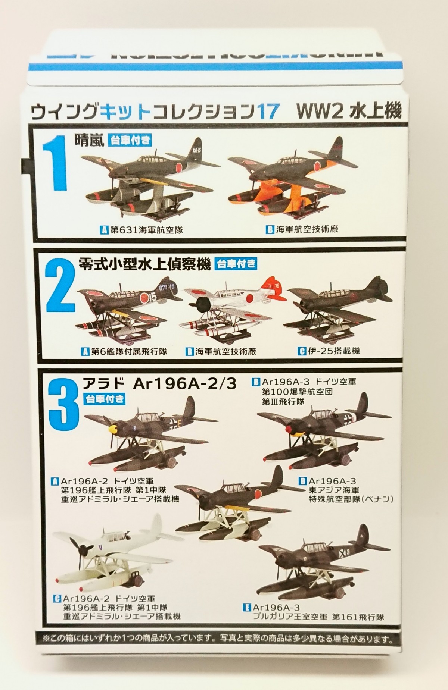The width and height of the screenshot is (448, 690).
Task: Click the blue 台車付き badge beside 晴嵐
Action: (x=131, y=140)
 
